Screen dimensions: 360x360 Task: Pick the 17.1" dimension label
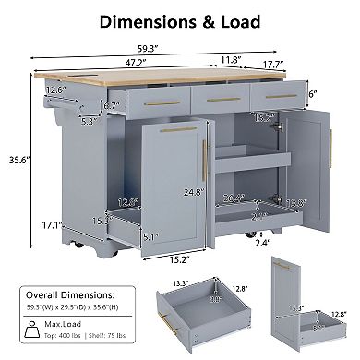coord(29,224)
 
